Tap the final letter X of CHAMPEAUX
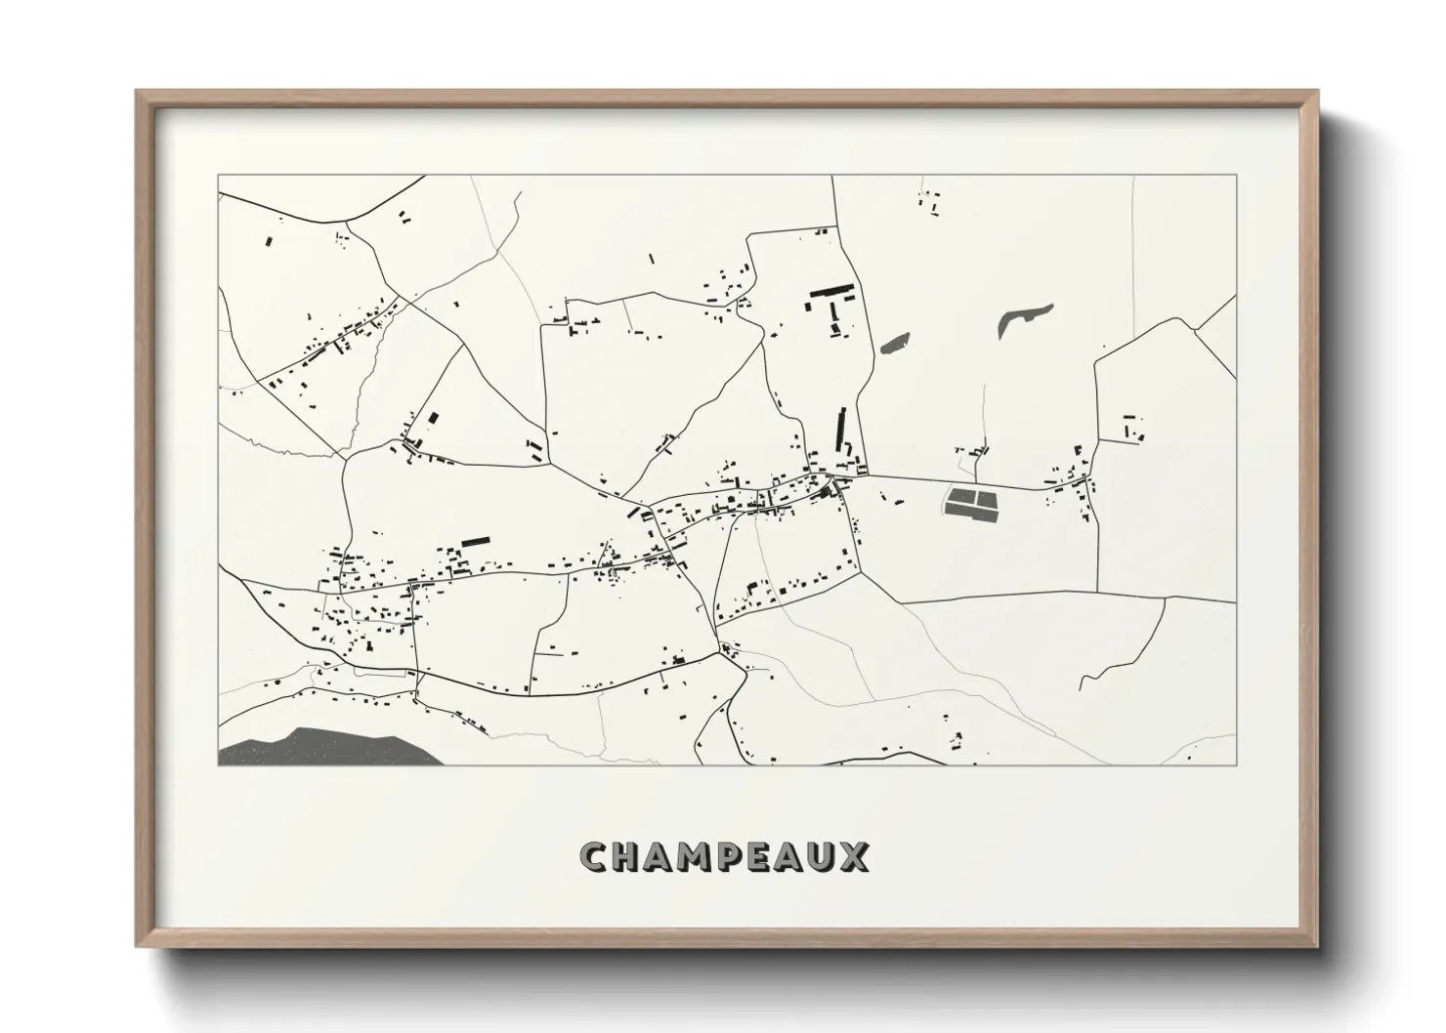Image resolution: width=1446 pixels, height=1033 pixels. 856,857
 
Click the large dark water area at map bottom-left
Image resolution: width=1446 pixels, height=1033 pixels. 322,747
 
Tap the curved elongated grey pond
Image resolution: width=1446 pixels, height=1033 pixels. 1022,317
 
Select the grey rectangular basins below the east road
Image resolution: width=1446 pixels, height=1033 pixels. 972,503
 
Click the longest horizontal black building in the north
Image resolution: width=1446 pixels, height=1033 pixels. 831,290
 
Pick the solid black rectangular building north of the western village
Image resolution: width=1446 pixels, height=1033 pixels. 475,540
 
